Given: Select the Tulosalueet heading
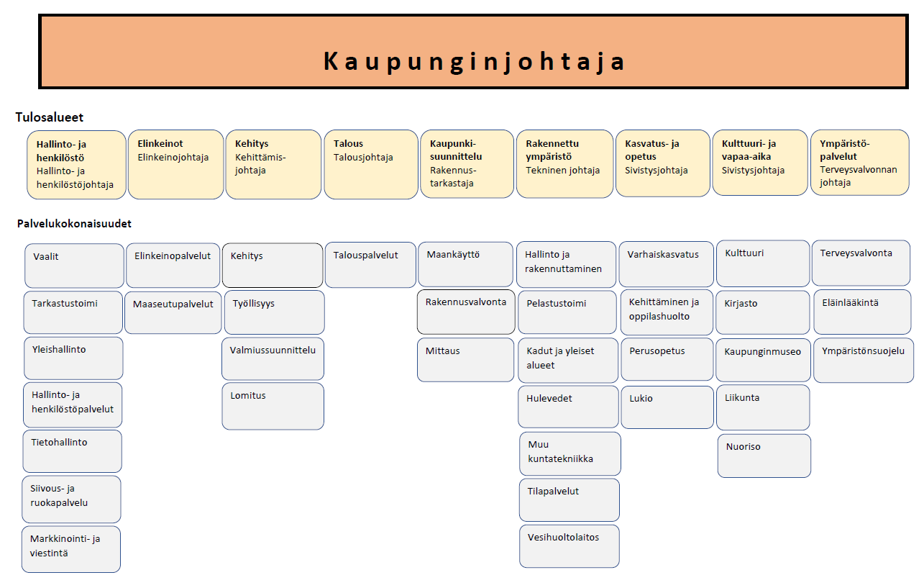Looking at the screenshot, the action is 50,117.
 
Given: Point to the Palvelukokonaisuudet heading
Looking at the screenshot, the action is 74,224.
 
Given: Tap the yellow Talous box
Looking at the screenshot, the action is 371,164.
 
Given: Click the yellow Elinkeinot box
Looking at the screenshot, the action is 175,164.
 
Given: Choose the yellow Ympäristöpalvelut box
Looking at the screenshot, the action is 860,162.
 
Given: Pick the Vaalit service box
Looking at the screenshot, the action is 74,266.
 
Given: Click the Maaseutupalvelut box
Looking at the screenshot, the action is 173,312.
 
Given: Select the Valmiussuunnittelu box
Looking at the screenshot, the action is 273,359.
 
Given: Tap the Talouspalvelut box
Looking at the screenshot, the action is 370,265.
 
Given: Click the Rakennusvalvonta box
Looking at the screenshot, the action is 466,312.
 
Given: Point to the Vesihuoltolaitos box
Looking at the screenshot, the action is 570,546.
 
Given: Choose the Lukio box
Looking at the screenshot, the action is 667,407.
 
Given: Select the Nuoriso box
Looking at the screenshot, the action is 764,456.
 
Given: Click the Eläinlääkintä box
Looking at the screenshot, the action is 862,312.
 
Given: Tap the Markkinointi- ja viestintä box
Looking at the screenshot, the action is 71,549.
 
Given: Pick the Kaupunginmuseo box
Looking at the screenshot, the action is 763,360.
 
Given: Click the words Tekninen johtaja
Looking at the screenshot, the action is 562,170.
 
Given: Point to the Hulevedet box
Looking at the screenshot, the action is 569,407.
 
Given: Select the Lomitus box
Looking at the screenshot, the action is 273,407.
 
